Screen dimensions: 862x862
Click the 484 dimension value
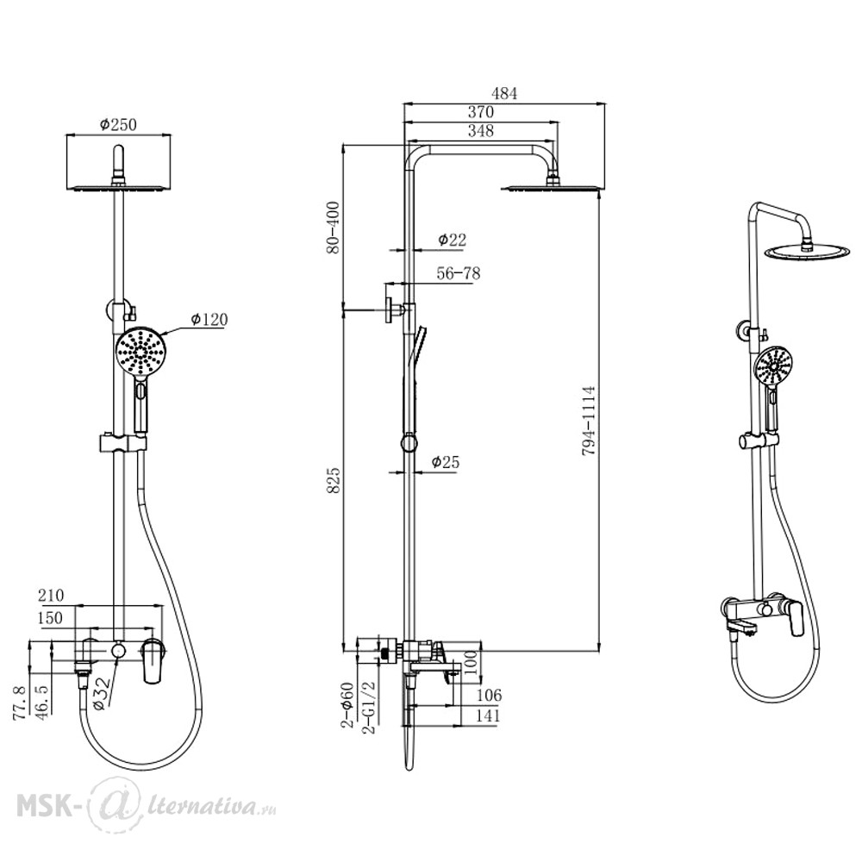(x=504, y=93)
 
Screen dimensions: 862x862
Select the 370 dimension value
(x=480, y=112)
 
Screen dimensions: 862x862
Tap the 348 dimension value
(x=480, y=131)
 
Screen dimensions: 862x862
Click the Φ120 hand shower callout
(x=209, y=319)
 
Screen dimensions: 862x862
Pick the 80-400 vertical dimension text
(x=333, y=228)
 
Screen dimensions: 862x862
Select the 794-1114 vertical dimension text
(x=589, y=421)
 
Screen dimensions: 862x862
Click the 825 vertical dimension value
(x=333, y=480)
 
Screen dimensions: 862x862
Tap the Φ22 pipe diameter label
(x=452, y=240)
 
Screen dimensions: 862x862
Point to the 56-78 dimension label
(x=459, y=273)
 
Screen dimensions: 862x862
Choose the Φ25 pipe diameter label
(x=446, y=462)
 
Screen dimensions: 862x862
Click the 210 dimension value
(x=51, y=595)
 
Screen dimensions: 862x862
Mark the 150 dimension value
(x=51, y=617)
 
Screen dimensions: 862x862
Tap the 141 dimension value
(x=488, y=715)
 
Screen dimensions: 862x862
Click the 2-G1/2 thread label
(x=369, y=708)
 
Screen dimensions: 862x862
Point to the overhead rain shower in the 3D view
(x=806, y=251)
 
